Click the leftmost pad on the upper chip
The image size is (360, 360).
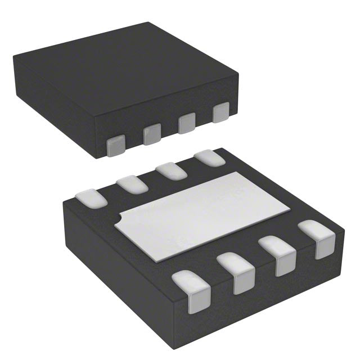[116, 145]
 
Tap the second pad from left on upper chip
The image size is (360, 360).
[152, 134]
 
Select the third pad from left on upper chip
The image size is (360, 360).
[187, 123]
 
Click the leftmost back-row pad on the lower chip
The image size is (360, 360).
[90, 197]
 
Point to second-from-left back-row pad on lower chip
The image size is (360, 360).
[132, 184]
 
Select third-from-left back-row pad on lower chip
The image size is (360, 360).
[171, 170]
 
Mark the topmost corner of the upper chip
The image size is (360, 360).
[148, 22]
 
